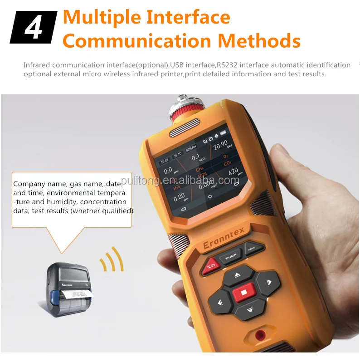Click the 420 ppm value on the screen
point(233,171)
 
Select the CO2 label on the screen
point(227,162)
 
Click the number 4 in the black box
point(33,28)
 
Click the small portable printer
point(69,285)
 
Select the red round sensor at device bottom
point(260,336)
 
